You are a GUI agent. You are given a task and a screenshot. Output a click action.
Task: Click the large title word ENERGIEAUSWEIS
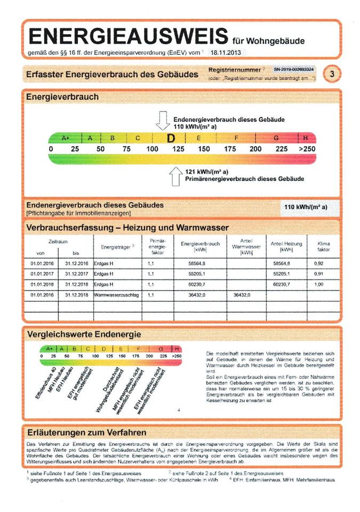127,36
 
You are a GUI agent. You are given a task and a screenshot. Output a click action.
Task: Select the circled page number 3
332,74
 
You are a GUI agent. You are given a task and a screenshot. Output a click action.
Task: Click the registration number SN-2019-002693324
293,70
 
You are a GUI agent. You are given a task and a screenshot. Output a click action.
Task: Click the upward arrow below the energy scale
176,175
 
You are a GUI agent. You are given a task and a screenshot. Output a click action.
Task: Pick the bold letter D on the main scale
171,139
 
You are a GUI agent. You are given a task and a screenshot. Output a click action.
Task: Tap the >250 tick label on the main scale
307,149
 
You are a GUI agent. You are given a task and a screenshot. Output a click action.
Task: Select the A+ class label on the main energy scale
66,138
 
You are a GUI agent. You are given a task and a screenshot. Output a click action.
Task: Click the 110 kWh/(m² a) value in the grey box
306,207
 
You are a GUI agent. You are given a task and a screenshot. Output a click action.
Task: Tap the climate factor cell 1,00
319,284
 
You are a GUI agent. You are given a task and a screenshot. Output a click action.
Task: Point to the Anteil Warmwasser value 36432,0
242,294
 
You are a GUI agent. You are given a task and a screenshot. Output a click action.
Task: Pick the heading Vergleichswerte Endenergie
84,334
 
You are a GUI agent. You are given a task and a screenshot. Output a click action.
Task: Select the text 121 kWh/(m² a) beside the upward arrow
207,172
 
